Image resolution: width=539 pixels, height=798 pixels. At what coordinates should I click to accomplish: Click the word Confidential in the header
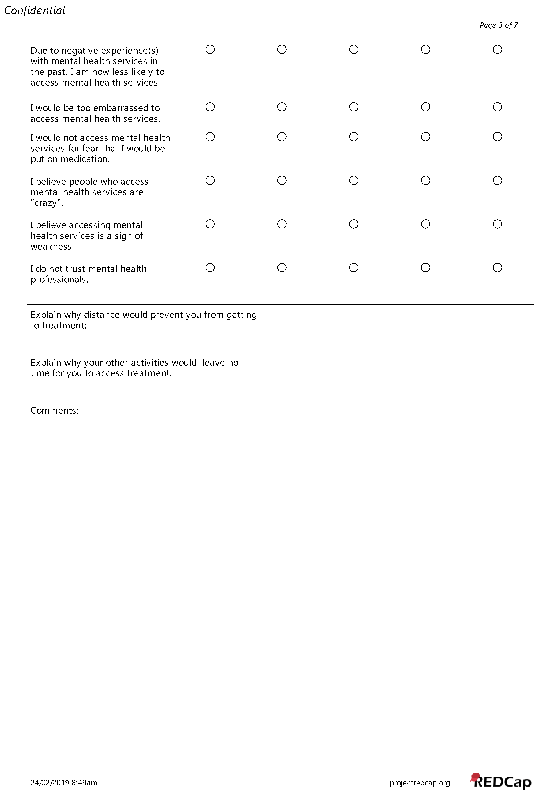pyautogui.click(x=34, y=11)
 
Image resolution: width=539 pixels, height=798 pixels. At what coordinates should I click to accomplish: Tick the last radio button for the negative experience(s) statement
pyautogui.click(x=497, y=49)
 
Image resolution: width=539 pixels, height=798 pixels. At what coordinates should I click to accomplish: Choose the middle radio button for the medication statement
pyautogui.click(x=354, y=137)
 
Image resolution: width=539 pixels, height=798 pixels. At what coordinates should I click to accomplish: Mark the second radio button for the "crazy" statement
pyautogui.click(x=282, y=180)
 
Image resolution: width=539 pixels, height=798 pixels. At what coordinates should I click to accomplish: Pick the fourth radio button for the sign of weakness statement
pyautogui.click(x=425, y=224)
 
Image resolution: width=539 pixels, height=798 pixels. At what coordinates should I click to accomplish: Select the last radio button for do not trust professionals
pyautogui.click(x=497, y=267)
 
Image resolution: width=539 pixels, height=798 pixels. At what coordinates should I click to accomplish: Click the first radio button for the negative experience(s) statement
pyautogui.click(x=210, y=49)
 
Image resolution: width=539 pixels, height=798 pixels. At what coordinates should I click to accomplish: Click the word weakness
pyautogui.click(x=52, y=246)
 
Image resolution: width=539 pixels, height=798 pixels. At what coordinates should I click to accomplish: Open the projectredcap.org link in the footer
pyautogui.click(x=419, y=783)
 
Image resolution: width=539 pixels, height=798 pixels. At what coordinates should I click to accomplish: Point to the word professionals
pyautogui.click(x=59, y=280)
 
